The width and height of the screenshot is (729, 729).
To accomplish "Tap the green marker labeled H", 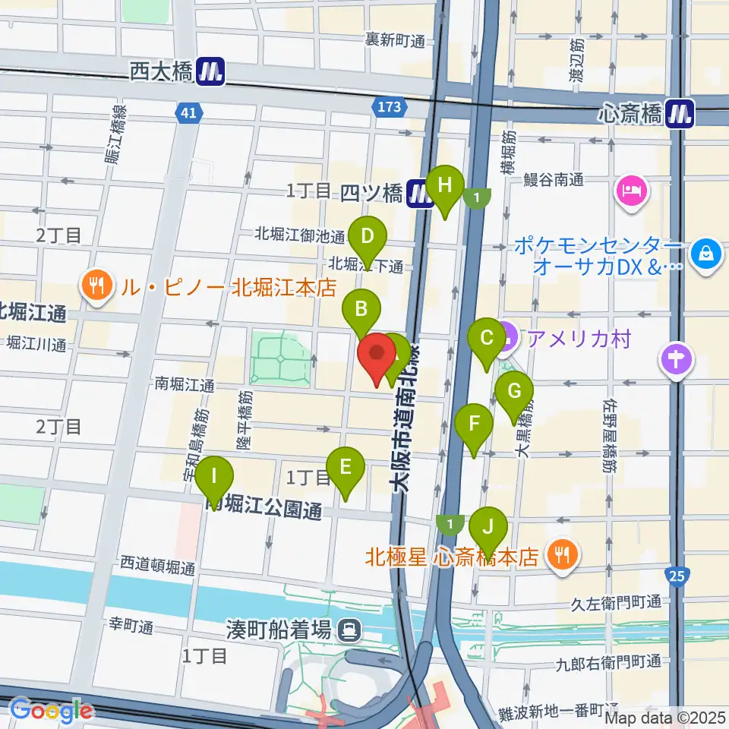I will [x=445, y=187].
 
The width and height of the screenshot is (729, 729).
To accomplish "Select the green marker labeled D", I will [x=368, y=236].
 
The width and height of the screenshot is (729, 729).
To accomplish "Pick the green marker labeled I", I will [x=214, y=478].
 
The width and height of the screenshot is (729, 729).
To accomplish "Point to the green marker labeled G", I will [x=514, y=393].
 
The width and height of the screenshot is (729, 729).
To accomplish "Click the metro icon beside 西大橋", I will [x=210, y=72].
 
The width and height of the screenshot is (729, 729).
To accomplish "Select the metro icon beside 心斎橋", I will [x=680, y=114].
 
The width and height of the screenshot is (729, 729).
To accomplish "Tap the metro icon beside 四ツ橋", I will [x=419, y=194].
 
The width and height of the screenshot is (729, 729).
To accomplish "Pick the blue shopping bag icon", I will [x=706, y=252].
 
